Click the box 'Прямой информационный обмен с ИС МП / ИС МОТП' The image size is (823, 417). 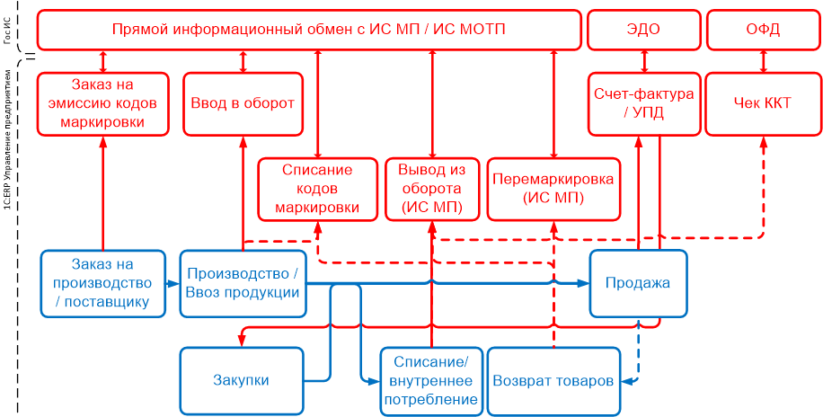click(x=309, y=30)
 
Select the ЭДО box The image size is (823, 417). click(x=642, y=30)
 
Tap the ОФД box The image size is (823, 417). click(x=763, y=30)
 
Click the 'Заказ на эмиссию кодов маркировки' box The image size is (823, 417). click(x=103, y=103)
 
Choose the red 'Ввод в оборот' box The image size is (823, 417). click(x=243, y=103)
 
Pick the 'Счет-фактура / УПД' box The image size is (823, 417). click(x=644, y=103)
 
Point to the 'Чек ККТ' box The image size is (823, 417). click(x=763, y=103)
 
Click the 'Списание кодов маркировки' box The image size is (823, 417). click(x=317, y=189)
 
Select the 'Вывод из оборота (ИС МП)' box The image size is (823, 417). click(x=432, y=189)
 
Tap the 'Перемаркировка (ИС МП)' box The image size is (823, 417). click(x=553, y=189)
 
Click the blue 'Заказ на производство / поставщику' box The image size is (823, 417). click(x=103, y=283)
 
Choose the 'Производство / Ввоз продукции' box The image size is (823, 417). click(x=243, y=283)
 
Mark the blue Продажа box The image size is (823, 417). click(x=638, y=283)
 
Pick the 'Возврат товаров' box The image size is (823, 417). click(x=553, y=380)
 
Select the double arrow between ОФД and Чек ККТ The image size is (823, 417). click(x=763, y=61)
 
